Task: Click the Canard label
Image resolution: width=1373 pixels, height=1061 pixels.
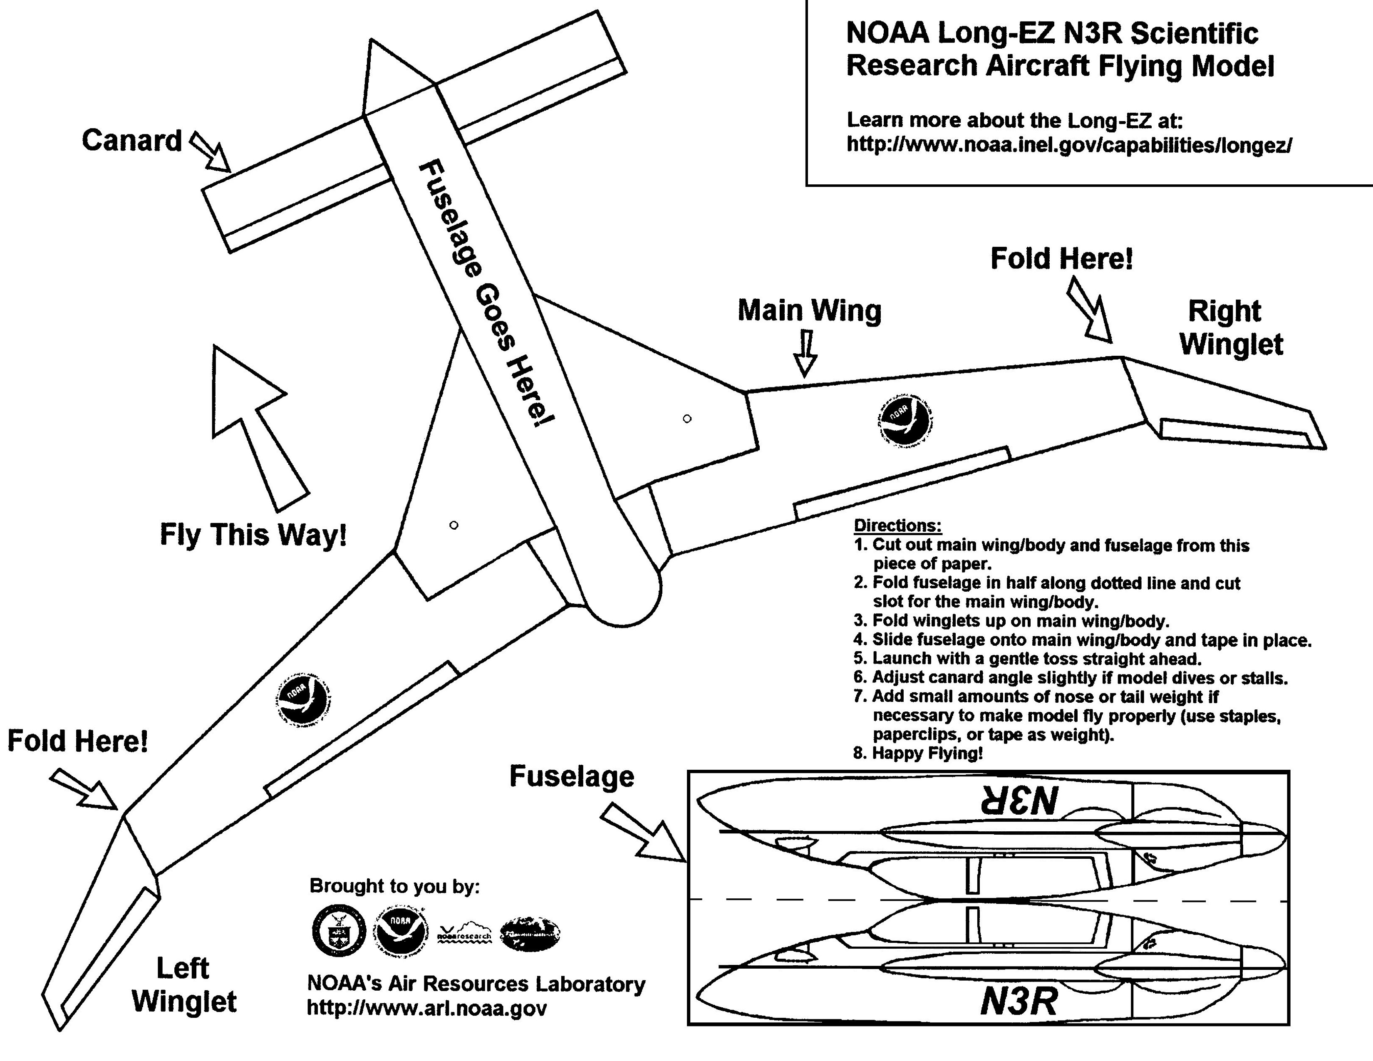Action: click(x=131, y=140)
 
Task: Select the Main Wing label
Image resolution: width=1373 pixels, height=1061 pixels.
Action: click(x=809, y=310)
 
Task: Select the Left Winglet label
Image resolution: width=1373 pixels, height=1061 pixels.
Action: click(x=183, y=985)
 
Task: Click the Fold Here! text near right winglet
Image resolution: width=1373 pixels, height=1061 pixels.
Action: click(x=1061, y=259)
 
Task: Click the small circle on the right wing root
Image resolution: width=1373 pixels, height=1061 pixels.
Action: click(x=687, y=419)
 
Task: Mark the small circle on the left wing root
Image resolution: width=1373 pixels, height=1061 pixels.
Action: click(x=454, y=525)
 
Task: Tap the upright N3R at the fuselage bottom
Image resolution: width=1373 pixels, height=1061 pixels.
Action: click(x=1019, y=1001)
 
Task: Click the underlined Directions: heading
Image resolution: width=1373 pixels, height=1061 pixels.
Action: click(x=897, y=526)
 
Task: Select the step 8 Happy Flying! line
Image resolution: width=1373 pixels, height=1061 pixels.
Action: click(x=918, y=753)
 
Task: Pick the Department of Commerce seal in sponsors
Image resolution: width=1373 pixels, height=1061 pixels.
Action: click(x=339, y=931)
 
